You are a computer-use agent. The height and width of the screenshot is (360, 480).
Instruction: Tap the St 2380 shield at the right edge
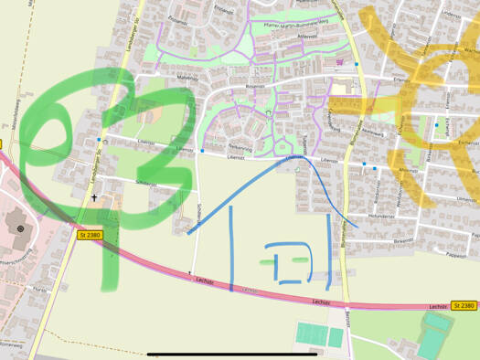pos(464,305)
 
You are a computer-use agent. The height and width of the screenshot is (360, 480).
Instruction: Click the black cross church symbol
pos(93,196)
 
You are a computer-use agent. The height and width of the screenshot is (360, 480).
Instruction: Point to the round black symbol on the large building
pos(21,227)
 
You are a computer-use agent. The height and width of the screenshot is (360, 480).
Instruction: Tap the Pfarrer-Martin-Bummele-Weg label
pos(294,26)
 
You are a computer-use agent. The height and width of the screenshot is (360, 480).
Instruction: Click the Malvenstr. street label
pos(187,79)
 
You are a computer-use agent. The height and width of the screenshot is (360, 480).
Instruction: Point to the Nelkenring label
pos(240,146)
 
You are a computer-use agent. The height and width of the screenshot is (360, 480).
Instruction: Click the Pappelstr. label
pos(456,257)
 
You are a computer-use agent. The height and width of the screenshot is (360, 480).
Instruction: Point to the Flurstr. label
pos(38,289)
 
